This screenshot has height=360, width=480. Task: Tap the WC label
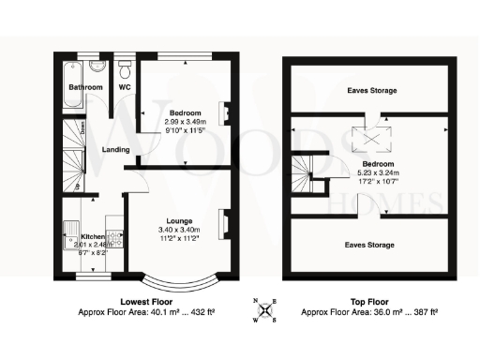pyautogui.click(x=123, y=89)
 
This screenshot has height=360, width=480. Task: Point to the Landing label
pyautogui.click(x=117, y=150)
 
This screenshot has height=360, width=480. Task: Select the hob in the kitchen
pyautogui.click(x=112, y=240)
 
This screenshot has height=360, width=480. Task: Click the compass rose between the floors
pyautogui.click(x=267, y=309)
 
